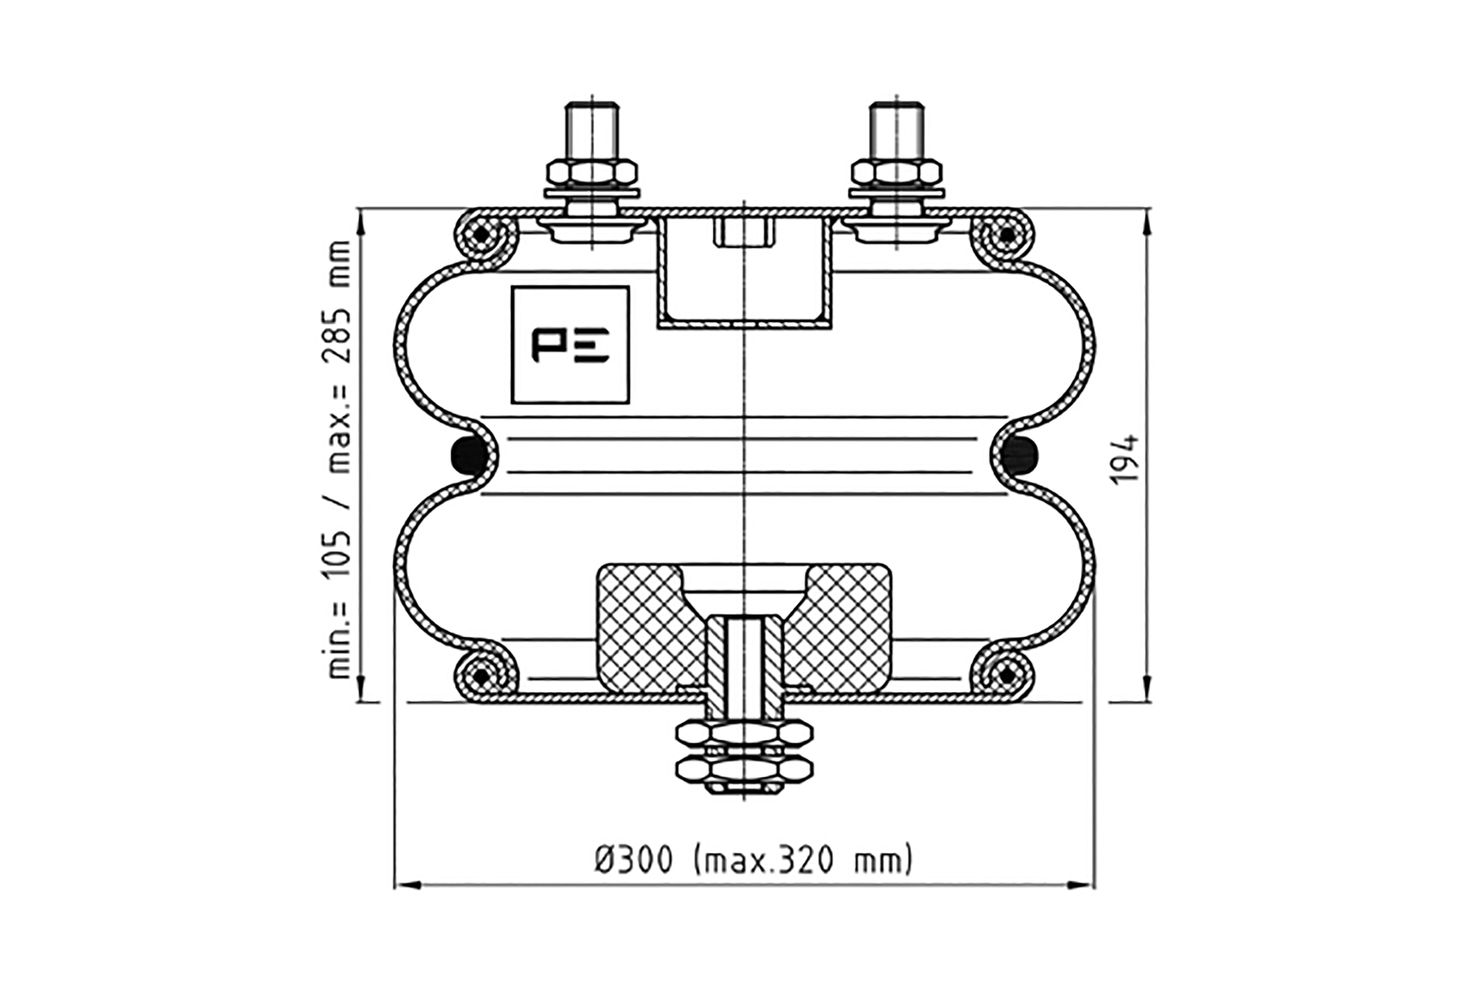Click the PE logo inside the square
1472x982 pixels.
570,345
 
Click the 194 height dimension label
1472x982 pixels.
1124,459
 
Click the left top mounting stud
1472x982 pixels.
592,131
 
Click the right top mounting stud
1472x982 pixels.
896,131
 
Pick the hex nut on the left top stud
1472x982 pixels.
592,172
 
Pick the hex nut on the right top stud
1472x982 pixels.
896,172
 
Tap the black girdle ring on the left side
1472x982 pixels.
470,455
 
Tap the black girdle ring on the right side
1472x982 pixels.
1019,455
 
